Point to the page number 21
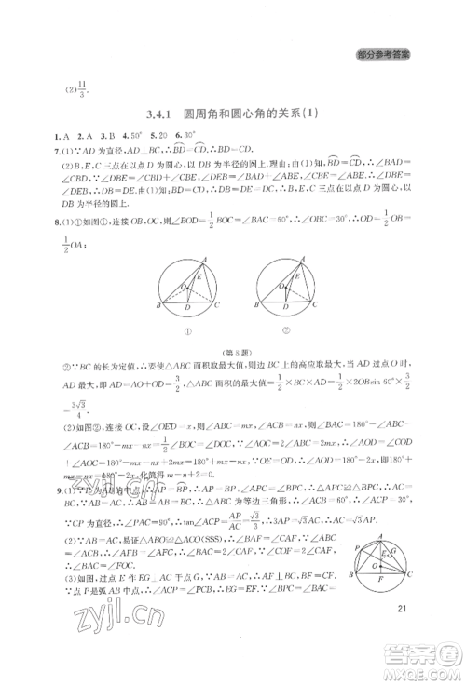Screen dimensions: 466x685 403,607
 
